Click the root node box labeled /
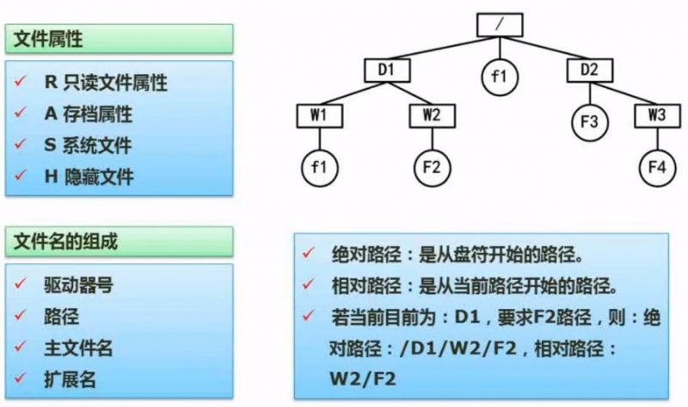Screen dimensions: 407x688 499,24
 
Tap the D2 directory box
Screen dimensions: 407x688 590,69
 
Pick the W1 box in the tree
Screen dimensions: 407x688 318,114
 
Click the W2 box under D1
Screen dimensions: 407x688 432,114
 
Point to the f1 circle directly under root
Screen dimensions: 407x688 499,77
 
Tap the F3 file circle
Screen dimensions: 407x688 590,122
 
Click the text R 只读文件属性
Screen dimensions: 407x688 105,83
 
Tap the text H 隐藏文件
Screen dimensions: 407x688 88,176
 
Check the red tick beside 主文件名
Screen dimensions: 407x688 21,348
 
